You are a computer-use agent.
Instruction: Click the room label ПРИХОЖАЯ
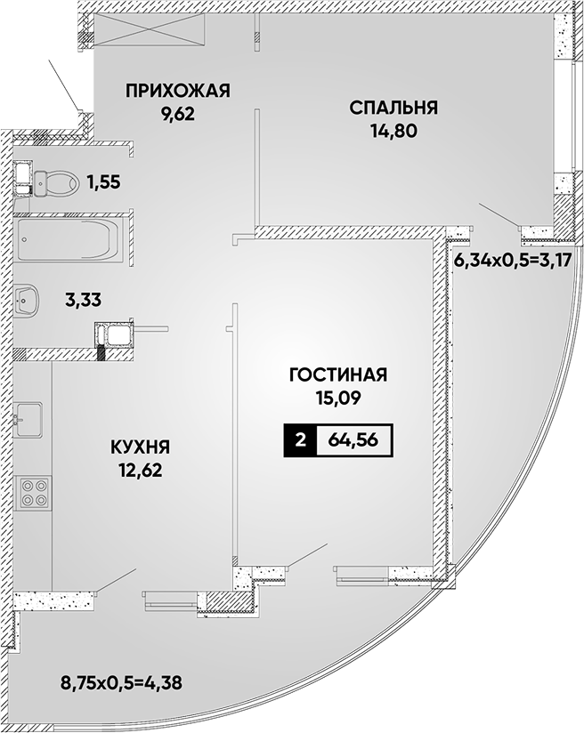pos(178,91)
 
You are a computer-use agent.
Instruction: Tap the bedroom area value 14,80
pos(393,132)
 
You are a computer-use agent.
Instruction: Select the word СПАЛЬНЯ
pos(393,108)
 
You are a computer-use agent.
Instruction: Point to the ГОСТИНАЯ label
pos(338,375)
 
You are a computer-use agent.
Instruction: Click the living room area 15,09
pos(338,399)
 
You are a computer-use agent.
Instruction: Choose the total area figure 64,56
pos(353,440)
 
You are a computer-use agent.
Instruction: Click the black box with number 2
pos(300,440)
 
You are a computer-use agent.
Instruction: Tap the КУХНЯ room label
pos(140,447)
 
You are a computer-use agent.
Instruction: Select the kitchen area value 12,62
pos(140,471)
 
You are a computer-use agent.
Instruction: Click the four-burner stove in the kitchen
pos(33,493)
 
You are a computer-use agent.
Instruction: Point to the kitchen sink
pos(28,420)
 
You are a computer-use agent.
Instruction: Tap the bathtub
pos(69,239)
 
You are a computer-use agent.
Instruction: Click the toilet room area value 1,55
pos(103,182)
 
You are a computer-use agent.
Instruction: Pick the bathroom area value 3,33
pos(83,300)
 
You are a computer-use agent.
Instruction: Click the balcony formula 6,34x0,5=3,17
pos(513,260)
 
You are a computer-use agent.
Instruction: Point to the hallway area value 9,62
pos(178,115)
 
